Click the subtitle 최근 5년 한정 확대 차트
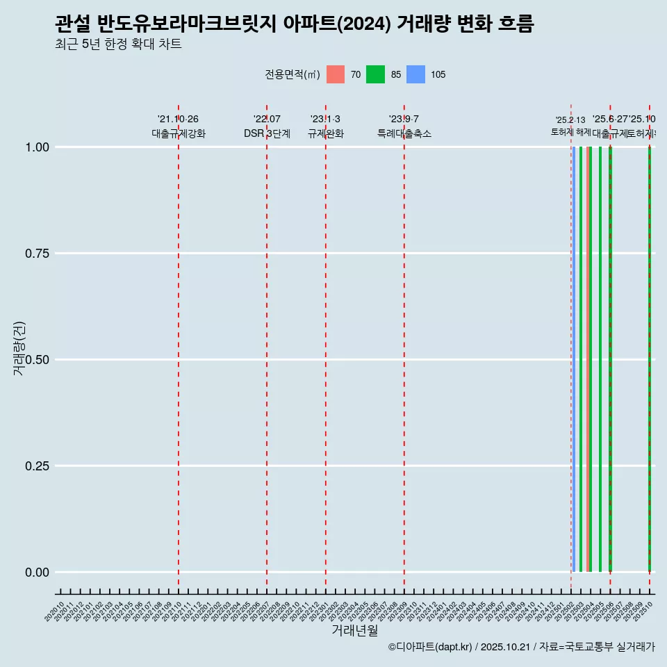tap(118, 44)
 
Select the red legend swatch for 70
tap(336, 74)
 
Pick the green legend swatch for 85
tap(375, 74)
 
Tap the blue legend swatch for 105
tap(415, 74)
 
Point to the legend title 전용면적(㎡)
tap(292, 74)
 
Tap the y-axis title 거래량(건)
tap(19, 348)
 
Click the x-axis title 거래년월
tap(354, 631)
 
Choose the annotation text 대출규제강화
tap(179, 133)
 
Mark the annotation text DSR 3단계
tap(267, 133)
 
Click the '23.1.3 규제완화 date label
tap(325, 120)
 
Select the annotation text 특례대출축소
tap(404, 133)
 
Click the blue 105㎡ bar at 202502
tap(574, 359)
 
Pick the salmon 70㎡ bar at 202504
tap(588, 359)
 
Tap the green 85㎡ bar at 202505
tap(600, 359)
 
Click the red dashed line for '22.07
tap(267, 347)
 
